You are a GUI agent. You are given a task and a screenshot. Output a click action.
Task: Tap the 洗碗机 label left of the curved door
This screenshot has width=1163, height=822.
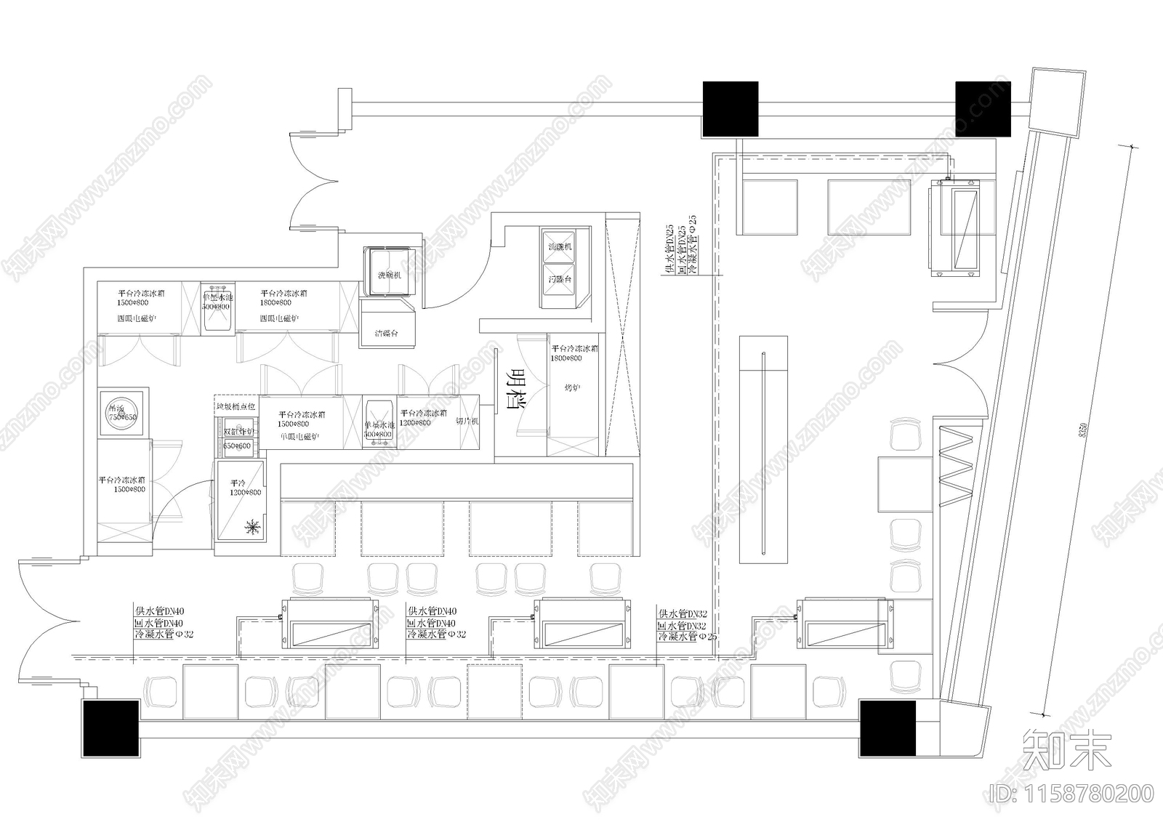click(389, 276)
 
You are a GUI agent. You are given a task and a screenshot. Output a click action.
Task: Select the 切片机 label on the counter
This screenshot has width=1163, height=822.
click(466, 422)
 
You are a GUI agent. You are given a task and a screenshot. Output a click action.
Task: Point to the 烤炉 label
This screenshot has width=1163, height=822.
click(572, 388)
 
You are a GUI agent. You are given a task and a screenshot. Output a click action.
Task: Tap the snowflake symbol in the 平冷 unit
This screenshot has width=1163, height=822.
click(254, 527)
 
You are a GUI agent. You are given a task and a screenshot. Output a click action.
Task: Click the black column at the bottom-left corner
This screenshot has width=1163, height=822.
click(110, 728)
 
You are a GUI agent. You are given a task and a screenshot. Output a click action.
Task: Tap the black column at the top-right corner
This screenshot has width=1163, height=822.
click(982, 109)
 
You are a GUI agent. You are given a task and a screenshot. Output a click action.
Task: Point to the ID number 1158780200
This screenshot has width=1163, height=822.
click(1074, 793)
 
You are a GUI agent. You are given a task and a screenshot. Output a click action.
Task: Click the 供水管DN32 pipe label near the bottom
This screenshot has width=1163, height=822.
click(682, 613)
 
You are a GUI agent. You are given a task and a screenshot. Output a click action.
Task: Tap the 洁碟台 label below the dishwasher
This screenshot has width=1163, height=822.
click(387, 334)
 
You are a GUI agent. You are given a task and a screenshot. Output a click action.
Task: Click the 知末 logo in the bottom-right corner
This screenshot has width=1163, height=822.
click(1066, 752)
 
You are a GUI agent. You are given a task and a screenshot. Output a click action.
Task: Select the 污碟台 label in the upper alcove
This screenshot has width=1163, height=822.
click(560, 279)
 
